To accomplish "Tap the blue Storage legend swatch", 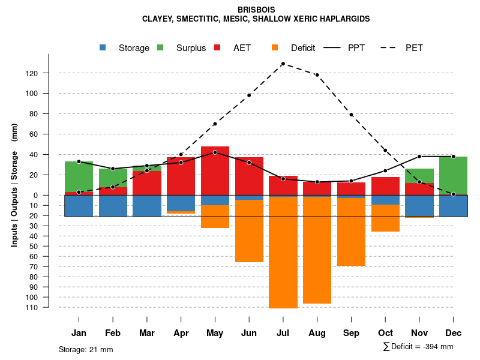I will point(103,47).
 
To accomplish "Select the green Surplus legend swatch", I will point(160,47).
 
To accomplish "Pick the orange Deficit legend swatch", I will point(275,47).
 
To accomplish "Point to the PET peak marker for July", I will point(283,64).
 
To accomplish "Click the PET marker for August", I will point(317,75).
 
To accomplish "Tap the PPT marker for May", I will point(215,152).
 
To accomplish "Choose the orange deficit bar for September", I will point(351,232).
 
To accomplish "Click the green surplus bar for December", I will point(453,175).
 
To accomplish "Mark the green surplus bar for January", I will point(79,176).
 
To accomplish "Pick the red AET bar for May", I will point(215,171).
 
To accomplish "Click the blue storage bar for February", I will point(113,206).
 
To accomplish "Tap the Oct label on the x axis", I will point(385,333).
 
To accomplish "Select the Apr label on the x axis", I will point(181,333).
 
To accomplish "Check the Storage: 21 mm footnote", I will point(86,349).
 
